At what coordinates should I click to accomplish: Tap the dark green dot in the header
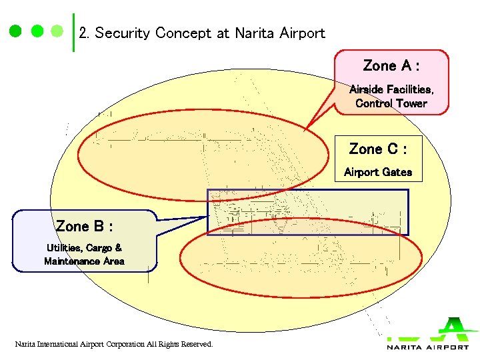(37, 31)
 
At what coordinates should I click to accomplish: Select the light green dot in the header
(57, 31)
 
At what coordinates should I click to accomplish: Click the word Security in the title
(123, 33)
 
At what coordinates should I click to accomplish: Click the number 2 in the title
(83, 33)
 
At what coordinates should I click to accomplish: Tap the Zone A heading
(391, 66)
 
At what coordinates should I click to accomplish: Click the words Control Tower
(391, 103)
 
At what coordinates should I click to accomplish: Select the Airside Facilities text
(391, 89)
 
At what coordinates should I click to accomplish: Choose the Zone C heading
(378, 149)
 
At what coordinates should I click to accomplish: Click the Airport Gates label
(378, 172)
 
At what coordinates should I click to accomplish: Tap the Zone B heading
(84, 226)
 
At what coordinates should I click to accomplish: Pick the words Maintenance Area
(84, 261)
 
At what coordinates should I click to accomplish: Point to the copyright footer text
(114, 344)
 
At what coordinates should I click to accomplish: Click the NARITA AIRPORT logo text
(427, 347)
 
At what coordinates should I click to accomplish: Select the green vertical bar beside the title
(73, 32)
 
